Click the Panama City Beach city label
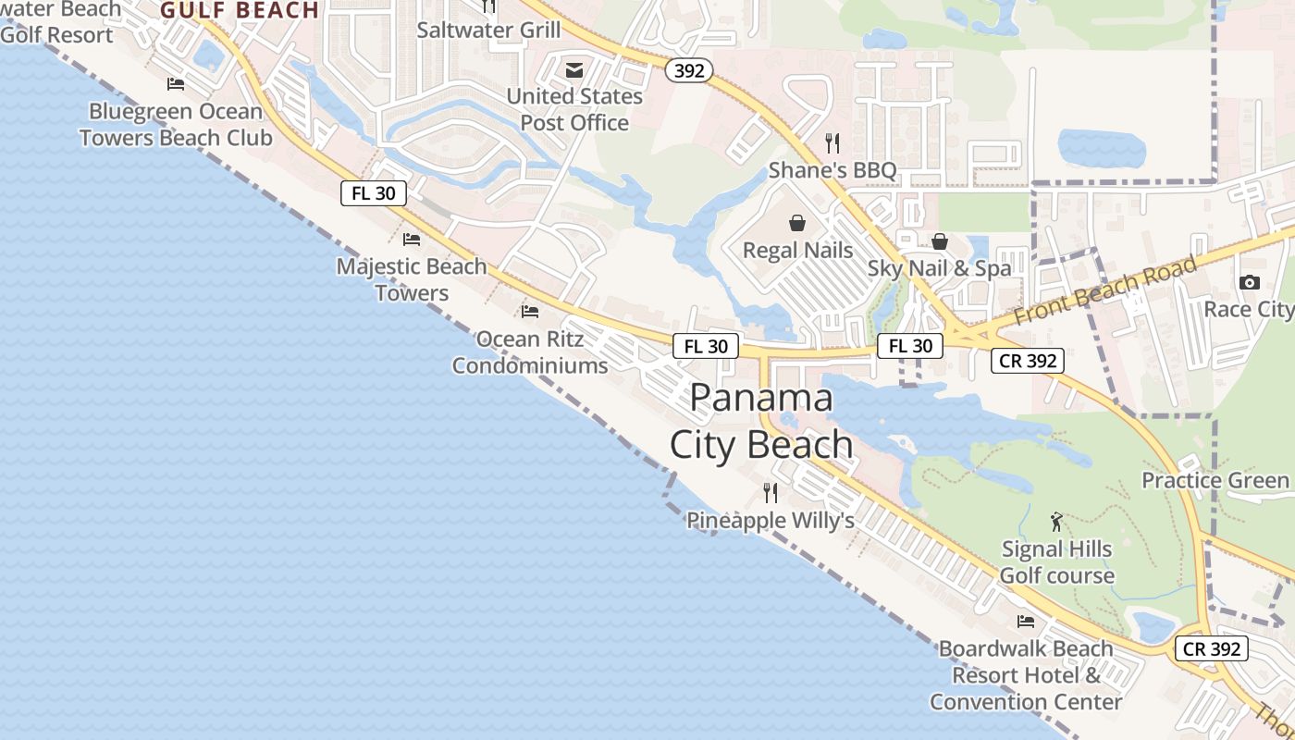(x=761, y=421)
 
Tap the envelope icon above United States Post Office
(x=574, y=70)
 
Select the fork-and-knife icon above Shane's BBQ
(x=832, y=143)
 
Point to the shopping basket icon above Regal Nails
(x=797, y=223)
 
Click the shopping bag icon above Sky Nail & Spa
(x=940, y=241)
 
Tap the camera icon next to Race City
(x=1250, y=282)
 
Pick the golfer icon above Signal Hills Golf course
(x=1056, y=523)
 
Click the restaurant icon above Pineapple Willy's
(x=770, y=492)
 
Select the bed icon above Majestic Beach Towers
(x=412, y=240)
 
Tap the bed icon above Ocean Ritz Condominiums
(x=530, y=312)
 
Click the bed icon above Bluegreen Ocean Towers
(x=176, y=84)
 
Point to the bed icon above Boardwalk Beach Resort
(x=1026, y=622)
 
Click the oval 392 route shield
(x=688, y=70)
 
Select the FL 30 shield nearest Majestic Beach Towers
(x=374, y=193)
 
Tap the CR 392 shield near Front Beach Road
(x=1029, y=361)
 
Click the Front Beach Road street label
(x=1105, y=290)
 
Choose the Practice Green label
(x=1215, y=480)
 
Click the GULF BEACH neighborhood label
(x=240, y=10)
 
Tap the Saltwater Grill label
(x=488, y=30)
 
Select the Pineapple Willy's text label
(x=770, y=521)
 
